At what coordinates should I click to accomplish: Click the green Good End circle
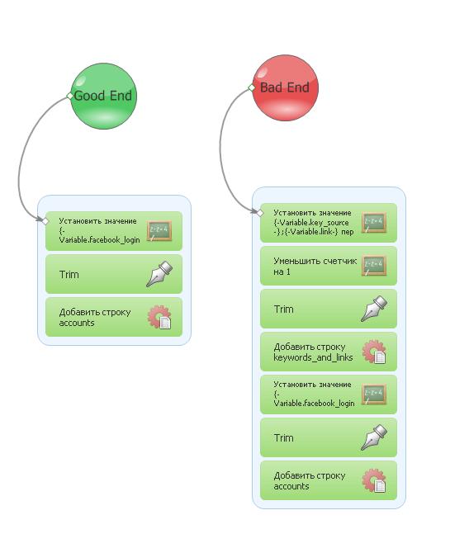pyautogui.click(x=103, y=96)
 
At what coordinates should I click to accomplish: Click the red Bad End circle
pyautogui.click(x=286, y=87)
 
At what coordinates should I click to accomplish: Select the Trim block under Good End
pyautogui.click(x=114, y=274)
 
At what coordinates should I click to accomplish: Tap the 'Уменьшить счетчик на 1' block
pyautogui.click(x=329, y=266)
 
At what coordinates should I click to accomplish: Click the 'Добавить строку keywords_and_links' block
pyautogui.click(x=329, y=352)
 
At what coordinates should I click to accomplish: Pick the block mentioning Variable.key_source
pyautogui.click(x=329, y=223)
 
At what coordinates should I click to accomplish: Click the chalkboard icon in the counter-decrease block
pyautogui.click(x=374, y=266)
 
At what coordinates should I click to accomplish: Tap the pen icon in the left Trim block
pyautogui.click(x=159, y=274)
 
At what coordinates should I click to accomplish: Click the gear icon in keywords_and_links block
pyautogui.click(x=374, y=352)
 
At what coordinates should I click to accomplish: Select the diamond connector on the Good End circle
pyautogui.click(x=70, y=96)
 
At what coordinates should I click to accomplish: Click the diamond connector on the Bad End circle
pyautogui.click(x=252, y=87)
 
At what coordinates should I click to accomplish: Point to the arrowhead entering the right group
pyautogui.click(x=254, y=210)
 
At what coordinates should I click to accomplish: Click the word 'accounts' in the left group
pyautogui.click(x=77, y=323)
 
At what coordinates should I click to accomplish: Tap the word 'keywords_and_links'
pyautogui.click(x=313, y=357)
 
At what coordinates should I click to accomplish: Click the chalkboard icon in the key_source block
pyautogui.click(x=374, y=223)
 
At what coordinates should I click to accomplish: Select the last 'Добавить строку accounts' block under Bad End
pyautogui.click(x=329, y=480)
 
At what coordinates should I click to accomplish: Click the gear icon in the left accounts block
pyautogui.click(x=159, y=318)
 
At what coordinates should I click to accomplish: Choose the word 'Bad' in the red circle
pyautogui.click(x=272, y=87)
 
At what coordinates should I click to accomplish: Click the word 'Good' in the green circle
pyautogui.click(x=90, y=96)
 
